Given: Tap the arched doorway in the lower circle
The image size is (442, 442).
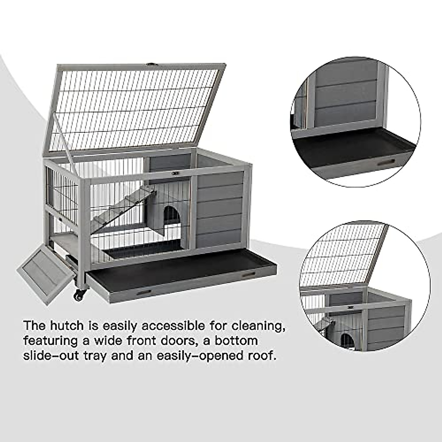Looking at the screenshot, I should [347, 340].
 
